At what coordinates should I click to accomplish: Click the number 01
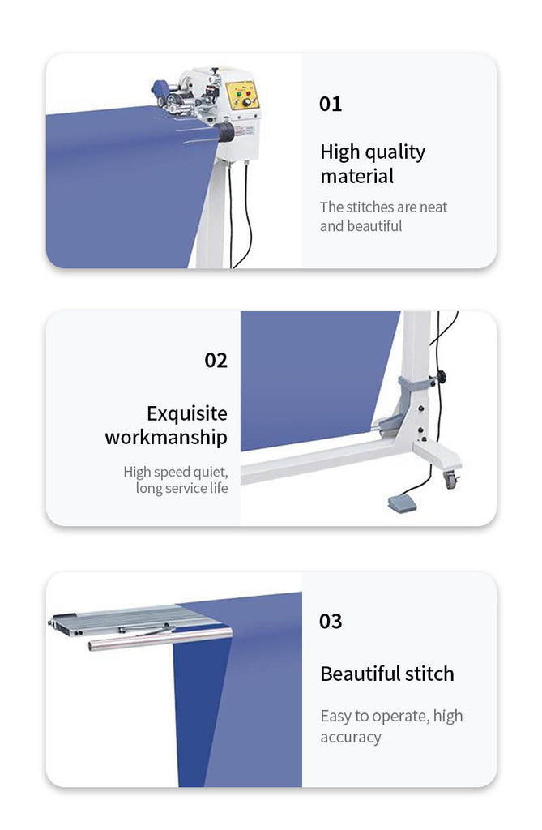click(331, 104)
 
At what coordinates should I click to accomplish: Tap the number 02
click(216, 361)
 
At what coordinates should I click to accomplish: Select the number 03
click(331, 621)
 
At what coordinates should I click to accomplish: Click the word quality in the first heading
click(395, 153)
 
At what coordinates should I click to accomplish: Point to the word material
click(356, 176)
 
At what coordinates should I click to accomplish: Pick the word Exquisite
click(187, 413)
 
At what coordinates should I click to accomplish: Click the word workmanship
click(166, 438)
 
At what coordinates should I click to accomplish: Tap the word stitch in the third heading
click(429, 674)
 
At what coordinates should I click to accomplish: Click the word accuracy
click(350, 738)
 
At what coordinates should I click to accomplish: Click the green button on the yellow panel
click(239, 94)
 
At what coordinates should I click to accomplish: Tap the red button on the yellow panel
click(248, 93)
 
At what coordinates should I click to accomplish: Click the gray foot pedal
click(403, 504)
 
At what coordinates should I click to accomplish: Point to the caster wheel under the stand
click(450, 480)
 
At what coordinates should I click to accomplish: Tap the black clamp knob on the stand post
click(441, 378)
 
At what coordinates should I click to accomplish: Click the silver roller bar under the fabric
click(160, 638)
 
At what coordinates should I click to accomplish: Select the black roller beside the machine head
click(226, 132)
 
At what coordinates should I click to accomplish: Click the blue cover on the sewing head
click(160, 88)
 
